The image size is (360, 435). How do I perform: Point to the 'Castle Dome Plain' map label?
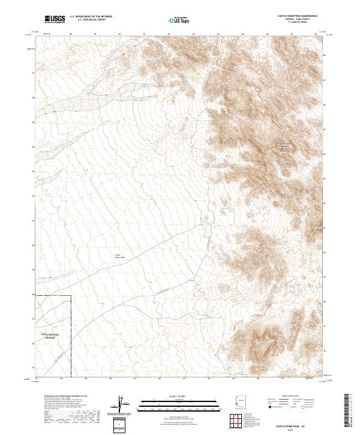pos(118,256)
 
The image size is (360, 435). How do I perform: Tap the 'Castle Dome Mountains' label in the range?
pos(284,148)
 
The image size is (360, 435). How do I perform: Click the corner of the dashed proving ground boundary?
pos(71,296)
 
